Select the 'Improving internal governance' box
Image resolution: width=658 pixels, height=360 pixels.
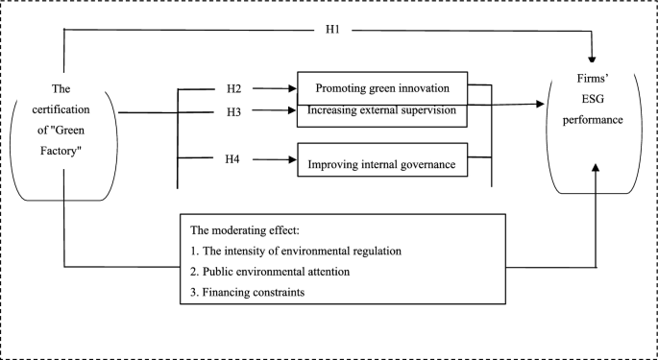381,163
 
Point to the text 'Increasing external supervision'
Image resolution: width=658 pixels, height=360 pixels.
387,112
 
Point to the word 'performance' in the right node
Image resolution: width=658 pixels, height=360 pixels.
594,124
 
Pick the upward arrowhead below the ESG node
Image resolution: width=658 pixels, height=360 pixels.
597,168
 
